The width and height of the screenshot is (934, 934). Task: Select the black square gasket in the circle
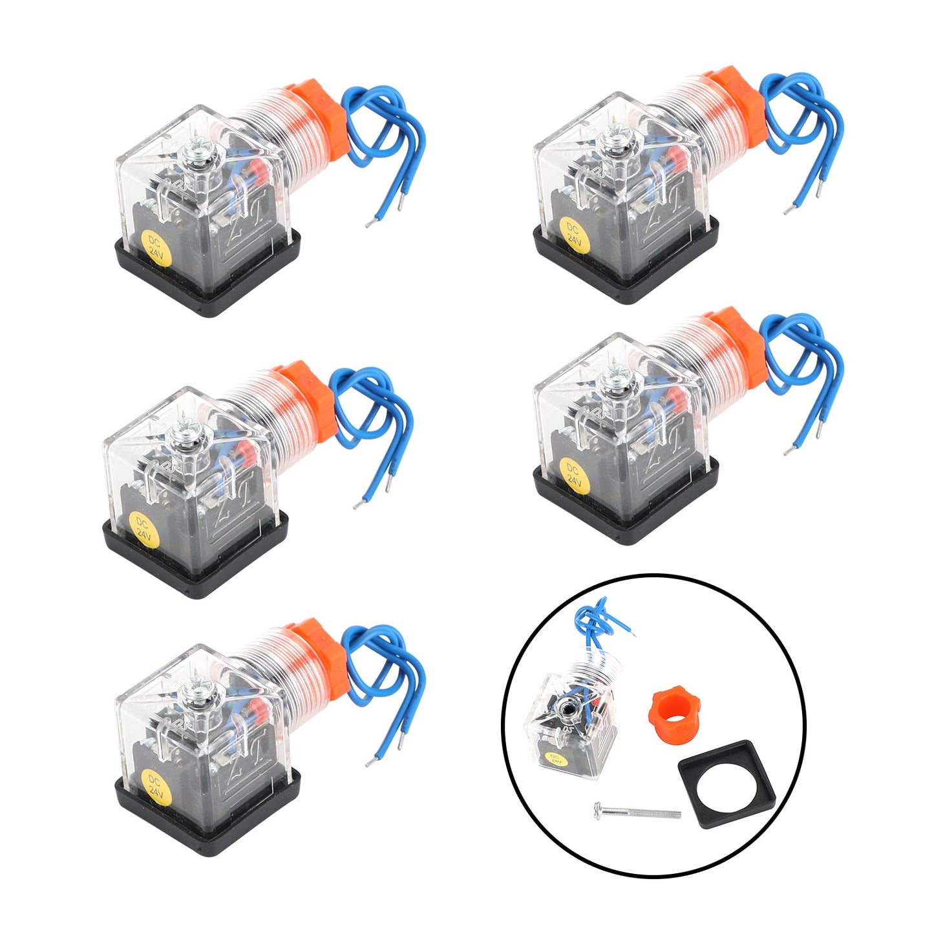coord(726,784)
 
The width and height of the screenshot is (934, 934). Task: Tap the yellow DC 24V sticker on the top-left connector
coord(156,249)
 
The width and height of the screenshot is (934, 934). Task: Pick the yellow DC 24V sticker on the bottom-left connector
coord(156,786)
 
